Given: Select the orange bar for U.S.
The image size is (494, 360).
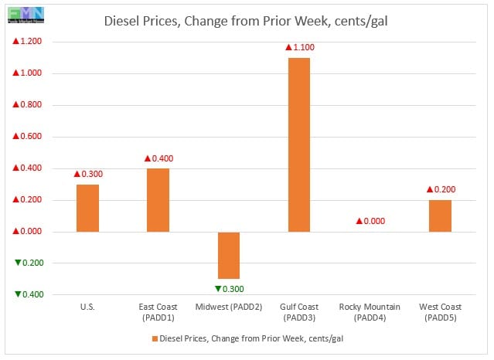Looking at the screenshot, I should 88,208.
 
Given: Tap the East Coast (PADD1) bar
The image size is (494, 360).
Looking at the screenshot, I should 158,200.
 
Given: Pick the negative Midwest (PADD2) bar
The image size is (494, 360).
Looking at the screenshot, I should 229,255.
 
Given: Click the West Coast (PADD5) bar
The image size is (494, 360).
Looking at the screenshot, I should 440,216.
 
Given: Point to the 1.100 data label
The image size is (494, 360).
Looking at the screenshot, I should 300,48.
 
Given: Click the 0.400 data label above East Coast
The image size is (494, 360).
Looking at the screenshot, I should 159,158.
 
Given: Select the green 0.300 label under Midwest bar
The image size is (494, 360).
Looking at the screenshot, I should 229,288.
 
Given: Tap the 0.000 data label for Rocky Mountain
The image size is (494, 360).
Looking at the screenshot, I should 370,222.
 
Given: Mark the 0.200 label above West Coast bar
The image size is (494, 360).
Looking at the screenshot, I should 440,189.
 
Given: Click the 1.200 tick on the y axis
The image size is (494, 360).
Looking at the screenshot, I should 29,42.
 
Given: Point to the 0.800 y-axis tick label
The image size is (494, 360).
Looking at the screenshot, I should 29,105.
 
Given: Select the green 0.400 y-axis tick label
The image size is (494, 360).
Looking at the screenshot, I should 29,294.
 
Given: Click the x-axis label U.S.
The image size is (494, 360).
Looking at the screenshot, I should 88,307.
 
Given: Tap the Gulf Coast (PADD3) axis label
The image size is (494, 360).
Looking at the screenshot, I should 299,312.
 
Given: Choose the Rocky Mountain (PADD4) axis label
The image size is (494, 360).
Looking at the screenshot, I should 370,312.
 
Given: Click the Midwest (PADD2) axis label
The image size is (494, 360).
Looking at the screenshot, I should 229,307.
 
